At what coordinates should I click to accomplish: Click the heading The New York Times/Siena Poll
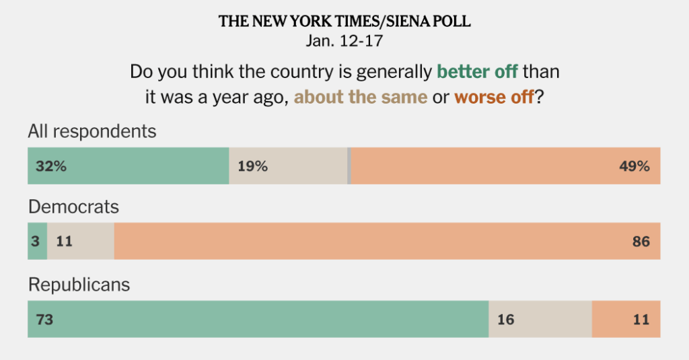coord(344,22)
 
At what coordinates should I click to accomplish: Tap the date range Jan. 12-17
coord(344,40)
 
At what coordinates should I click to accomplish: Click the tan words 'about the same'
coord(361,97)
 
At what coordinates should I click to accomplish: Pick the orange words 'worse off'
coord(494,97)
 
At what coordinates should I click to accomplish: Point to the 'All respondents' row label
coord(92,131)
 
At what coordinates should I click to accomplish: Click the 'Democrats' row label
coord(73,207)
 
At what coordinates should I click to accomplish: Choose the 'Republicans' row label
coord(79,285)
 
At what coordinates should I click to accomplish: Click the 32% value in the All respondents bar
coord(51,166)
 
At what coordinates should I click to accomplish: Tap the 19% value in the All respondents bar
coord(252,166)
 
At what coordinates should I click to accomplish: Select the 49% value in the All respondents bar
coord(634,166)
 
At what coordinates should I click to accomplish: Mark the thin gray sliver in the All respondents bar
coord(349,166)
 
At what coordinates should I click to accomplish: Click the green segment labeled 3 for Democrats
coord(36,241)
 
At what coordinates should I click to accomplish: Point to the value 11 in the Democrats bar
coord(64,241)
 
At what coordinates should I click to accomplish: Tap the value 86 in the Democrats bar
coord(641,241)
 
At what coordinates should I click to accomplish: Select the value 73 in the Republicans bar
coord(44,319)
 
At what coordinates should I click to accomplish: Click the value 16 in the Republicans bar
coord(505,319)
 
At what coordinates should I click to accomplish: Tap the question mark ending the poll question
coord(539,97)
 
